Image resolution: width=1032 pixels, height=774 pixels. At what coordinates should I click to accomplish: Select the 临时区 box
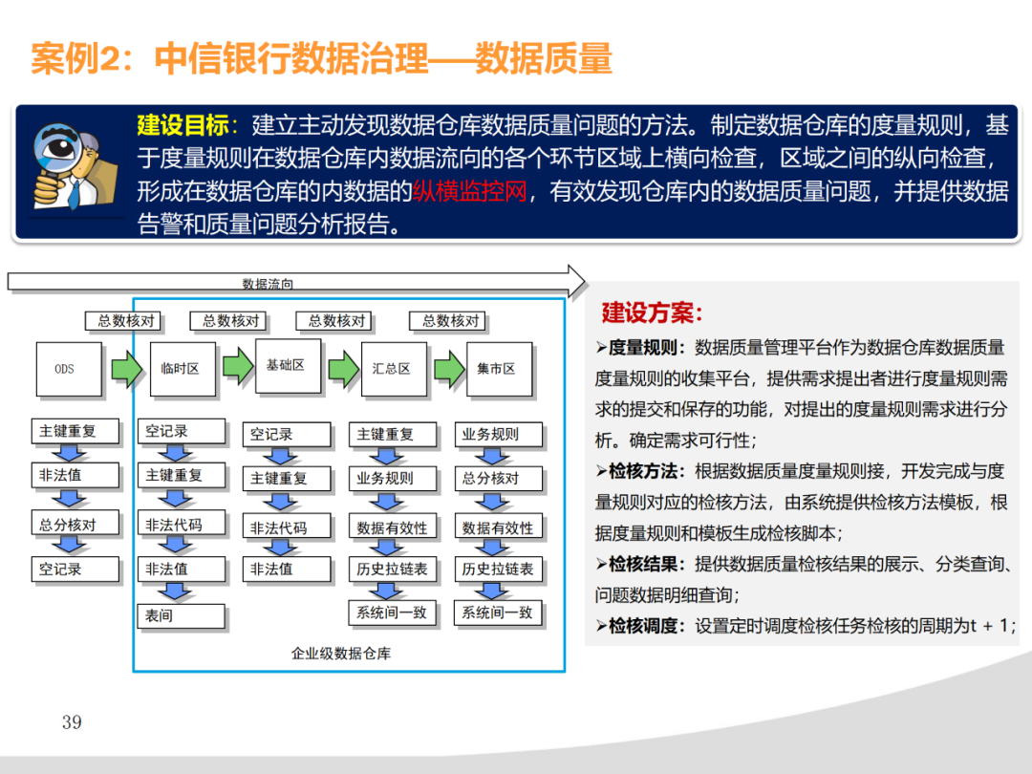pyautogui.click(x=183, y=368)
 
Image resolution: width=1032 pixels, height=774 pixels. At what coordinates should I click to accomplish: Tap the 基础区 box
pyautogui.click(x=287, y=365)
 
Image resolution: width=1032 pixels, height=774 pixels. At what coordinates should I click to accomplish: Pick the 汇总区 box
pyautogui.click(x=392, y=368)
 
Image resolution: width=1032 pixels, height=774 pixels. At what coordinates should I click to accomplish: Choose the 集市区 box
pyautogui.click(x=498, y=368)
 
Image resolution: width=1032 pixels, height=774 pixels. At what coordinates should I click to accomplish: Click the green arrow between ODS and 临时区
pyautogui.click(x=125, y=368)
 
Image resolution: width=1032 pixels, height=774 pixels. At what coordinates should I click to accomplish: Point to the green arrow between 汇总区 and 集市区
pyautogui.click(x=448, y=368)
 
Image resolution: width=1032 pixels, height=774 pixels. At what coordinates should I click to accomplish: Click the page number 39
pyautogui.click(x=72, y=721)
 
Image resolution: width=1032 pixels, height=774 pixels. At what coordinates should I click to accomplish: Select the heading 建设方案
pyautogui.click(x=652, y=312)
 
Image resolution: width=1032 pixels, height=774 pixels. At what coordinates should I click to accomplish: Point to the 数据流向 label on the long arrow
pyautogui.click(x=268, y=284)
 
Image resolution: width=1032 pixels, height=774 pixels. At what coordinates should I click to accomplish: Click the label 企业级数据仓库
pyautogui.click(x=341, y=654)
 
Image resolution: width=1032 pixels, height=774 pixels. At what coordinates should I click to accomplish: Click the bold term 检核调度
pyautogui.click(x=647, y=626)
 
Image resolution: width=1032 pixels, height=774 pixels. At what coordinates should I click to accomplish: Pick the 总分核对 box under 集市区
pyautogui.click(x=497, y=478)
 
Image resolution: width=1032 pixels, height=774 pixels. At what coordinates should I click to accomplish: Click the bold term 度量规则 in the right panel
pyautogui.click(x=647, y=347)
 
